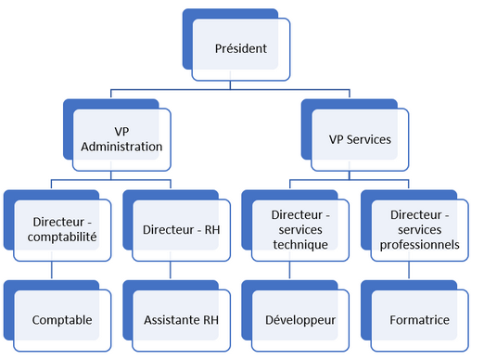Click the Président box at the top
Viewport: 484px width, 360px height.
(x=242, y=48)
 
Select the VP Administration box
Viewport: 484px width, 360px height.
(x=122, y=139)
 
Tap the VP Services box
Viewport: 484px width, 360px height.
(x=359, y=139)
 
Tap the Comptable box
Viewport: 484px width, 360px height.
(x=62, y=320)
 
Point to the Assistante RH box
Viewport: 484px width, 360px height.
(x=182, y=320)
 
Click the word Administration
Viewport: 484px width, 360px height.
(x=122, y=147)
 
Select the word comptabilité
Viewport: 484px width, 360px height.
(x=65, y=237)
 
